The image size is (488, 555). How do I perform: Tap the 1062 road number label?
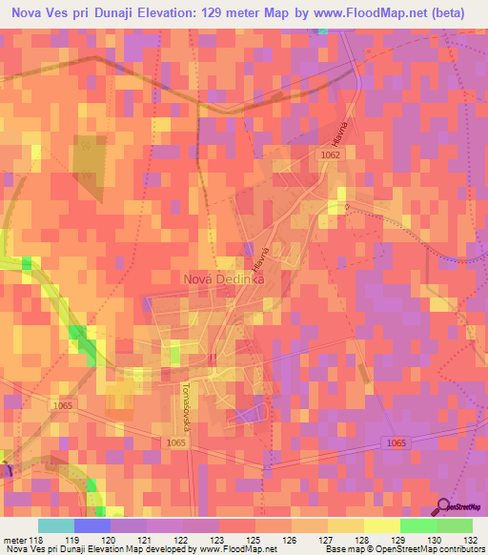coord(331,154)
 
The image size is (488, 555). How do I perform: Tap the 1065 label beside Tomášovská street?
coord(176,442)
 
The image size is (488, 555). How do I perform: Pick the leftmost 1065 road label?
coord(64,407)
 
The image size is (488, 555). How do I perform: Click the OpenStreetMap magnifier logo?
coord(442,505)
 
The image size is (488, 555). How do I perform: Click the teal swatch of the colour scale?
coord(56,525)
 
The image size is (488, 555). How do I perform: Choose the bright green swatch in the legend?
coord(418,525)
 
